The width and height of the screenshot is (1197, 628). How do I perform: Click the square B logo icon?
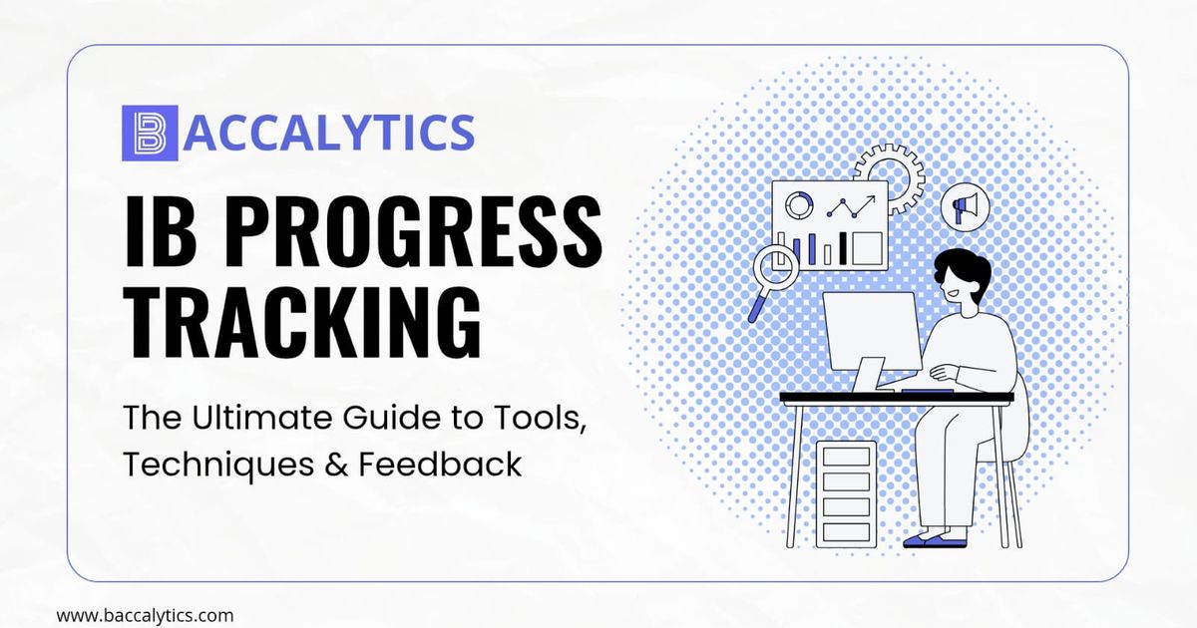pyautogui.click(x=150, y=134)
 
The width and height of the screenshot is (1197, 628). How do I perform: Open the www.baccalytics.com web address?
pyautogui.click(x=145, y=615)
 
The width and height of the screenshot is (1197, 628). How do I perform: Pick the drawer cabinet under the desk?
pyautogui.click(x=846, y=493)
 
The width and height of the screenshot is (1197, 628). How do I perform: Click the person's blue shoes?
pyautogui.click(x=936, y=540)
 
